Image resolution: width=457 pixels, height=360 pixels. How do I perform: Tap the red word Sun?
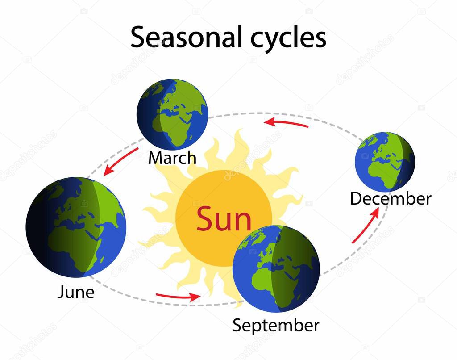coord(224,219)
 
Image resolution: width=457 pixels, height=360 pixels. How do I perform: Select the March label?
coord(172,158)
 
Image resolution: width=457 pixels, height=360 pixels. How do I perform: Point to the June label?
coord(76,292)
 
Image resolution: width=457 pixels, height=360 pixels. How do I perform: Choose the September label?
coord(276,325)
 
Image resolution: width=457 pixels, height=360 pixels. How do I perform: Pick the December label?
coord(391,199)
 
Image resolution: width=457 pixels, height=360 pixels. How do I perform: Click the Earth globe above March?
coord(172,114)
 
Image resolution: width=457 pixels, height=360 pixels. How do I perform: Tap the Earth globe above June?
coord(76,227)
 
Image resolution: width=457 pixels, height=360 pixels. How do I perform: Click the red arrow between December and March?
coord(286,123)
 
